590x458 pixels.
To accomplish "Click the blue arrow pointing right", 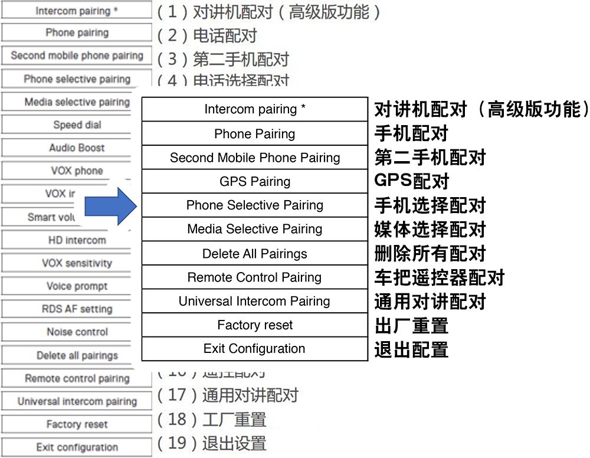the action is tap(111, 206).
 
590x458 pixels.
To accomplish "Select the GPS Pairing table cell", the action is tap(255, 181).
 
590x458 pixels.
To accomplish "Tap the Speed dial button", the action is tap(77, 125).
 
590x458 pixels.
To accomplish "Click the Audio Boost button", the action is tap(77, 148).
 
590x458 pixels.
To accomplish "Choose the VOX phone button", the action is tap(77, 171).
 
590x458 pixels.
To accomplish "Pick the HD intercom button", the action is tap(77, 240).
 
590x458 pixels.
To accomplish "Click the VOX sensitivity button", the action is tap(77, 263).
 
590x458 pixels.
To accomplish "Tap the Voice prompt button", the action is tap(77, 286).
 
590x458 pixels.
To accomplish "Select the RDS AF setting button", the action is tap(77, 309).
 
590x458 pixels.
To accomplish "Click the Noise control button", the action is tap(77, 332).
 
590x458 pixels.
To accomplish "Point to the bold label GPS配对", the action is tap(412, 181).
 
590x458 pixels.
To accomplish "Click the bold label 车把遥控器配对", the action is tap(440, 277).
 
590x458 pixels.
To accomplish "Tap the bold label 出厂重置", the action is tap(411, 325).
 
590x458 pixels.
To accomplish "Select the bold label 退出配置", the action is tap(411, 349).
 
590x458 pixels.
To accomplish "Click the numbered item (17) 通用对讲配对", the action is tap(228, 395).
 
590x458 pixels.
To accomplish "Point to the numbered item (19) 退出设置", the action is tap(212, 443).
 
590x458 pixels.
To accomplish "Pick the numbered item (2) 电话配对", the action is tap(207, 35).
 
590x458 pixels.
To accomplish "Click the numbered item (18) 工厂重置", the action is tap(212, 419).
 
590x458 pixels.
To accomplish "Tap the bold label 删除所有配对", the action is tap(430, 254).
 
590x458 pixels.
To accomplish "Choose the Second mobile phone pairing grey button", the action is tap(77, 56).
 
